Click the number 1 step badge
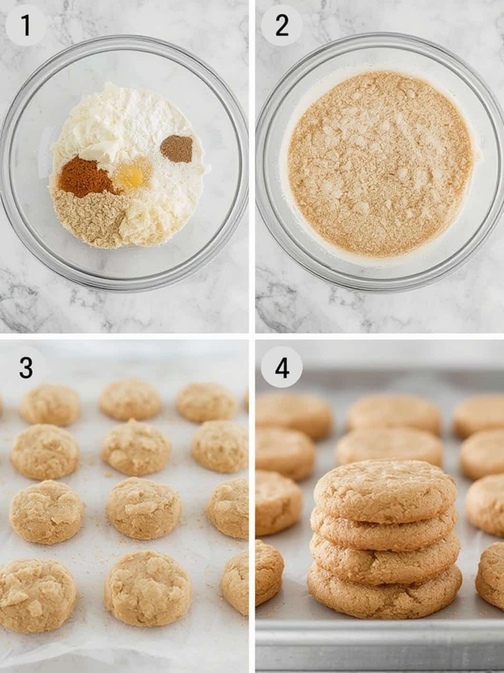point(26,26)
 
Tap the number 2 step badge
point(281,26)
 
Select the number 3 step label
point(26,368)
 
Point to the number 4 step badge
point(281,368)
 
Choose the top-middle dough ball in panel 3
point(130,400)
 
